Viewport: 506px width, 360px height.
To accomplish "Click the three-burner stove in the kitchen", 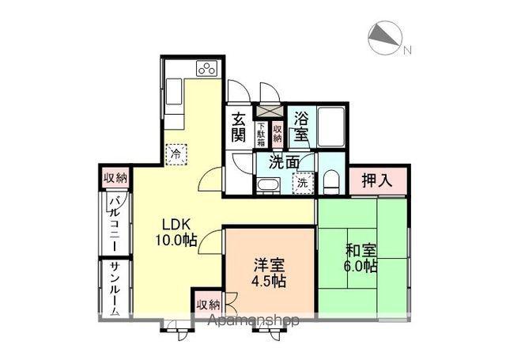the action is coord(206,69).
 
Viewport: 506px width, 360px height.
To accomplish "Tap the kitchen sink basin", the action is coord(174,92).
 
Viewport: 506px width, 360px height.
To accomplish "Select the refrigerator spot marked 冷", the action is coord(176,154).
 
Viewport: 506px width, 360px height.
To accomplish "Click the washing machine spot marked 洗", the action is coord(303,184).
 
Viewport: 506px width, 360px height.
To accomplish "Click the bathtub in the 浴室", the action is coord(331,126).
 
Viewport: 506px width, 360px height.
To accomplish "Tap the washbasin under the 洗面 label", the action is coord(269,185).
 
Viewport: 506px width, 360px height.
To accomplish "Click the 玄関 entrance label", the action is coord(239,127).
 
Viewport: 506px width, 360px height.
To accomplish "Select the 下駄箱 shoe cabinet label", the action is coord(261,134).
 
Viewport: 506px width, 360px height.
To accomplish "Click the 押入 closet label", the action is coord(377,180).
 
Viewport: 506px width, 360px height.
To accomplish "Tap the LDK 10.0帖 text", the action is coord(176,232).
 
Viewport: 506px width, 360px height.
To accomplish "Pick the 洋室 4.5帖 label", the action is coord(269,273).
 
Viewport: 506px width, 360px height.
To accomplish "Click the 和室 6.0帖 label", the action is coord(361,258).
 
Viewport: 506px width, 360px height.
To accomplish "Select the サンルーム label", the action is coord(115,288).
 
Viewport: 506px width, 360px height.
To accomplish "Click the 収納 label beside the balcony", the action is coord(115,177).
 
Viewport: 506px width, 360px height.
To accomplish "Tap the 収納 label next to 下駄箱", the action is coord(278,134).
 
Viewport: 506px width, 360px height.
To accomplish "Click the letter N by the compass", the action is coord(408,50).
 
